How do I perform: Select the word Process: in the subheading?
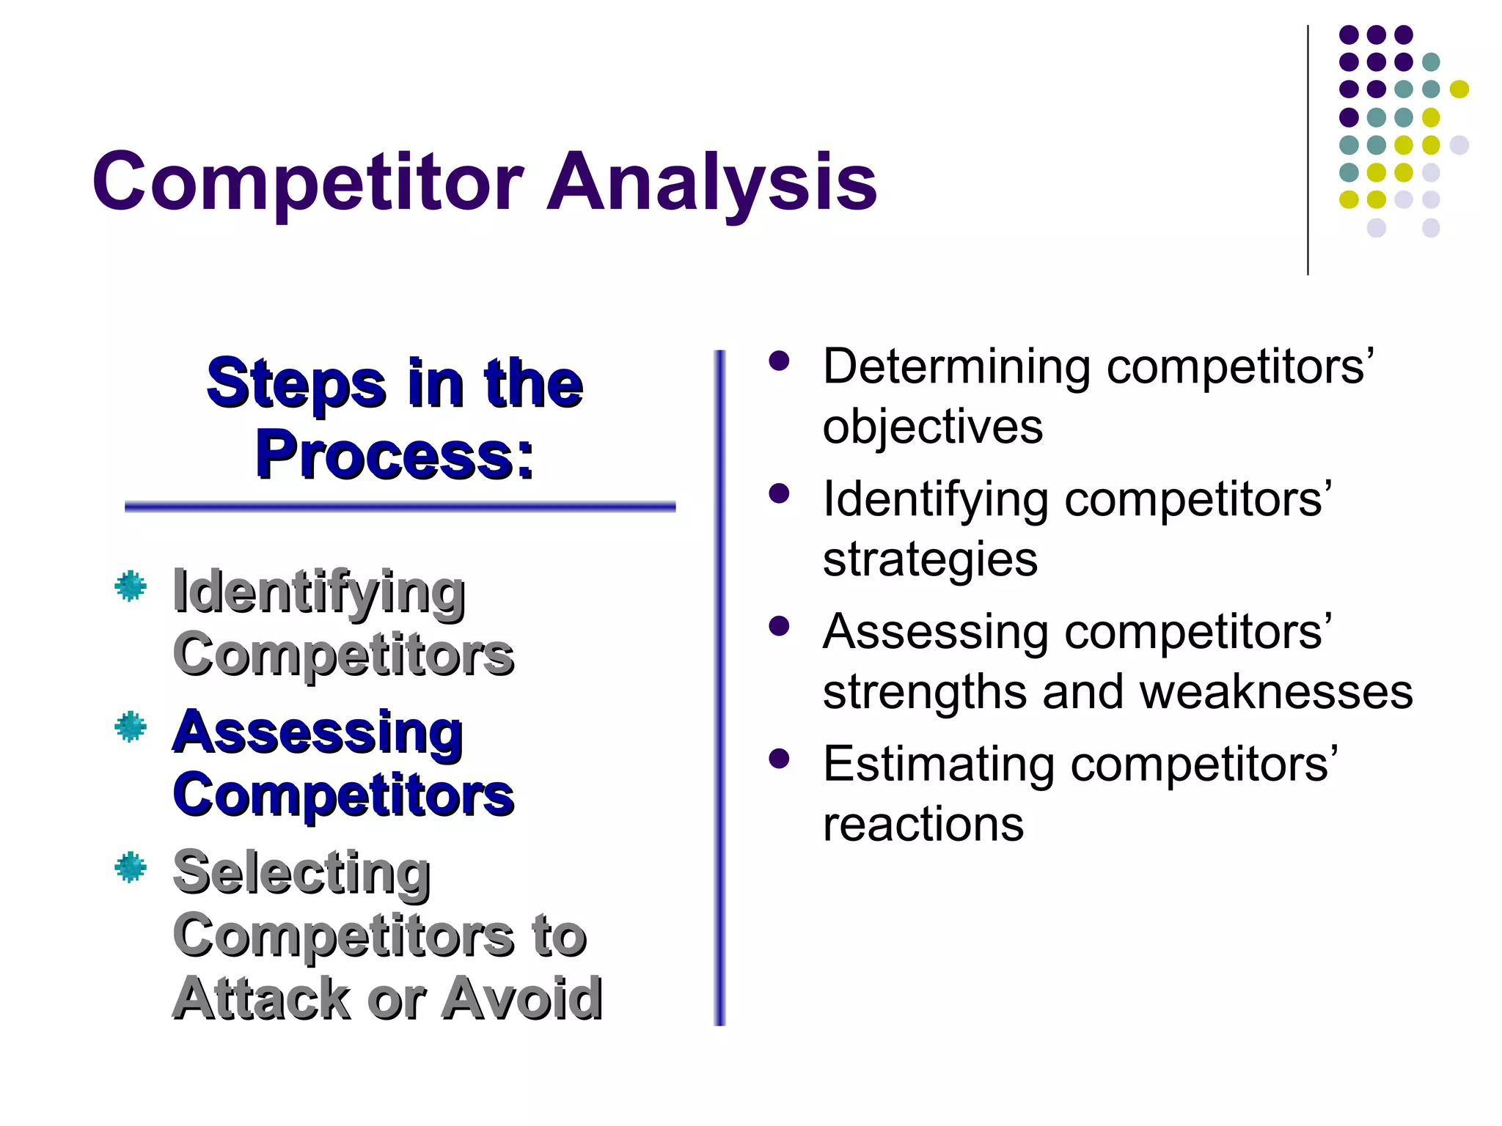tap(395, 455)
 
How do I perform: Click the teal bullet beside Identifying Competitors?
tap(131, 586)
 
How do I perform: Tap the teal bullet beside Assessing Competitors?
tap(131, 726)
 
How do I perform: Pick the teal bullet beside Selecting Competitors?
tap(131, 867)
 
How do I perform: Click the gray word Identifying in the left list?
tap(318, 592)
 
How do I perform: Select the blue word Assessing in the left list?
tap(318, 733)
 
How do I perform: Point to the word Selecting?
tap(301, 874)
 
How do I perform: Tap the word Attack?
tap(263, 998)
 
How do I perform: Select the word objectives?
tap(932, 427)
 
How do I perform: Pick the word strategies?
tap(930, 559)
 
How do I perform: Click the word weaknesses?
tap(1276, 691)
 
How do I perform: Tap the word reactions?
tap(923, 824)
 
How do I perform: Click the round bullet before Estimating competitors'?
tap(779, 759)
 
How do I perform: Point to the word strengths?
tap(925, 691)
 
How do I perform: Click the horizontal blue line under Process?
tap(400, 507)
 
